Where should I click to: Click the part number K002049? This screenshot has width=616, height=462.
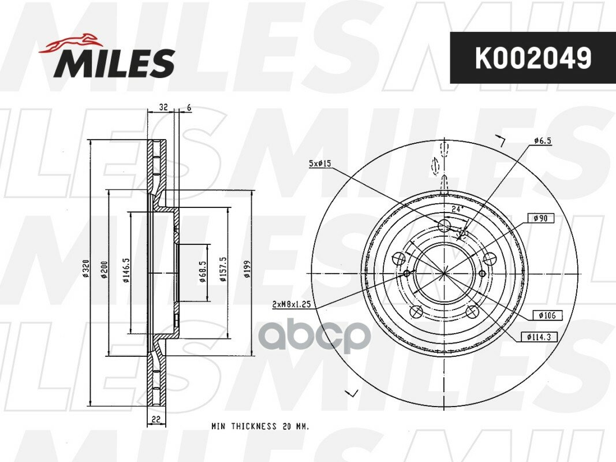[x=532, y=58]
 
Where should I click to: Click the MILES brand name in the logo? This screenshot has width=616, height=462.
[x=114, y=63]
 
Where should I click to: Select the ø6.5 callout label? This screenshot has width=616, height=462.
[x=542, y=140]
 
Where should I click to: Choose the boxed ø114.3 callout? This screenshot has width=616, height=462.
[x=536, y=336]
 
